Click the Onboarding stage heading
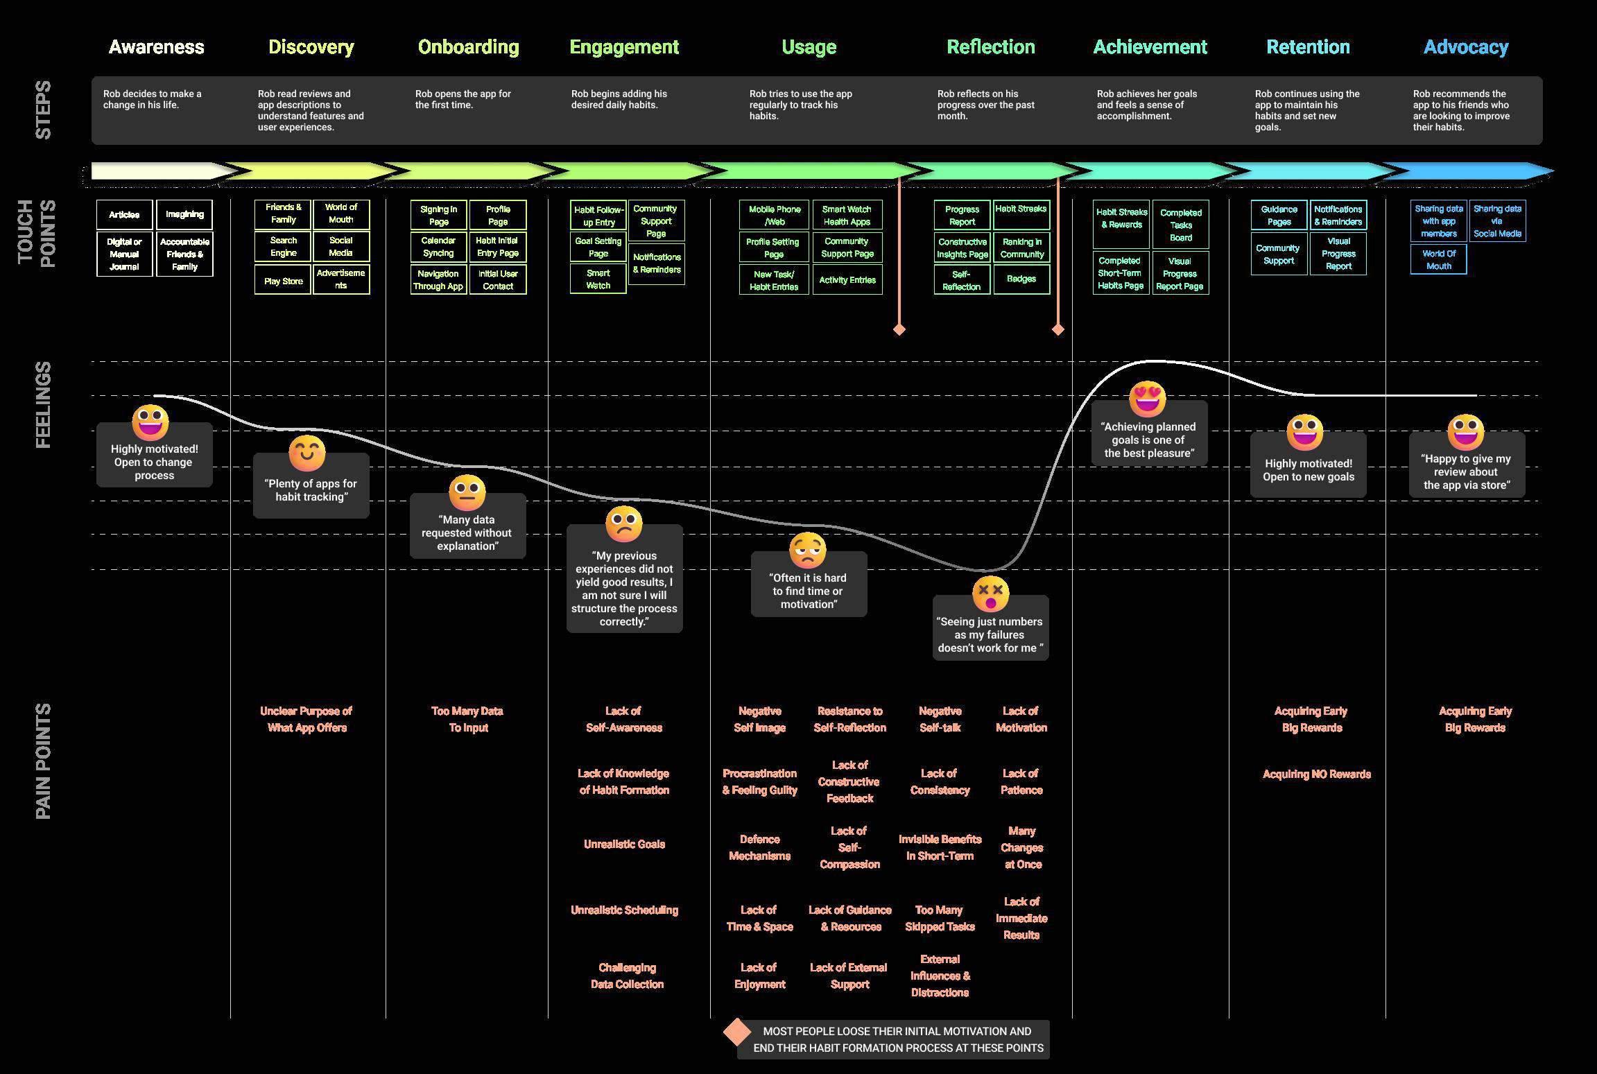468,47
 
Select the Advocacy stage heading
1465,47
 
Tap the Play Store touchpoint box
283,281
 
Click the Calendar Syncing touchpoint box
438,247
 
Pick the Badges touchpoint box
1021,279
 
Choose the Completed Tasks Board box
1180,225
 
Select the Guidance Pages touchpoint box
1279,215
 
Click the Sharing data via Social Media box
1497,221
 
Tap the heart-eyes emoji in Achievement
1148,399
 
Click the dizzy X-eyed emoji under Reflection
990,593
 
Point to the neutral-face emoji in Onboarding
467,492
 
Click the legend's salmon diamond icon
737,1032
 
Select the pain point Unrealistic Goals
624,844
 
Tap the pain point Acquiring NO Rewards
1316,774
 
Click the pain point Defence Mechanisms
759,847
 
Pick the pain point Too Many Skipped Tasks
940,918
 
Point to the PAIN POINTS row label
43,761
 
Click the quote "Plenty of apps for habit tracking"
311,490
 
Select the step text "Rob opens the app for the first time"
463,99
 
